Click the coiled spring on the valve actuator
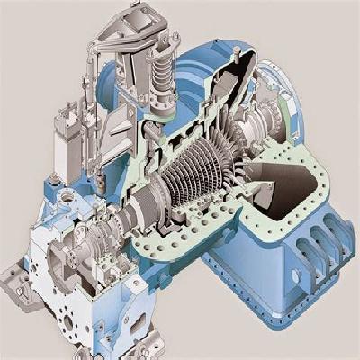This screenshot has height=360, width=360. pos(159,68)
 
